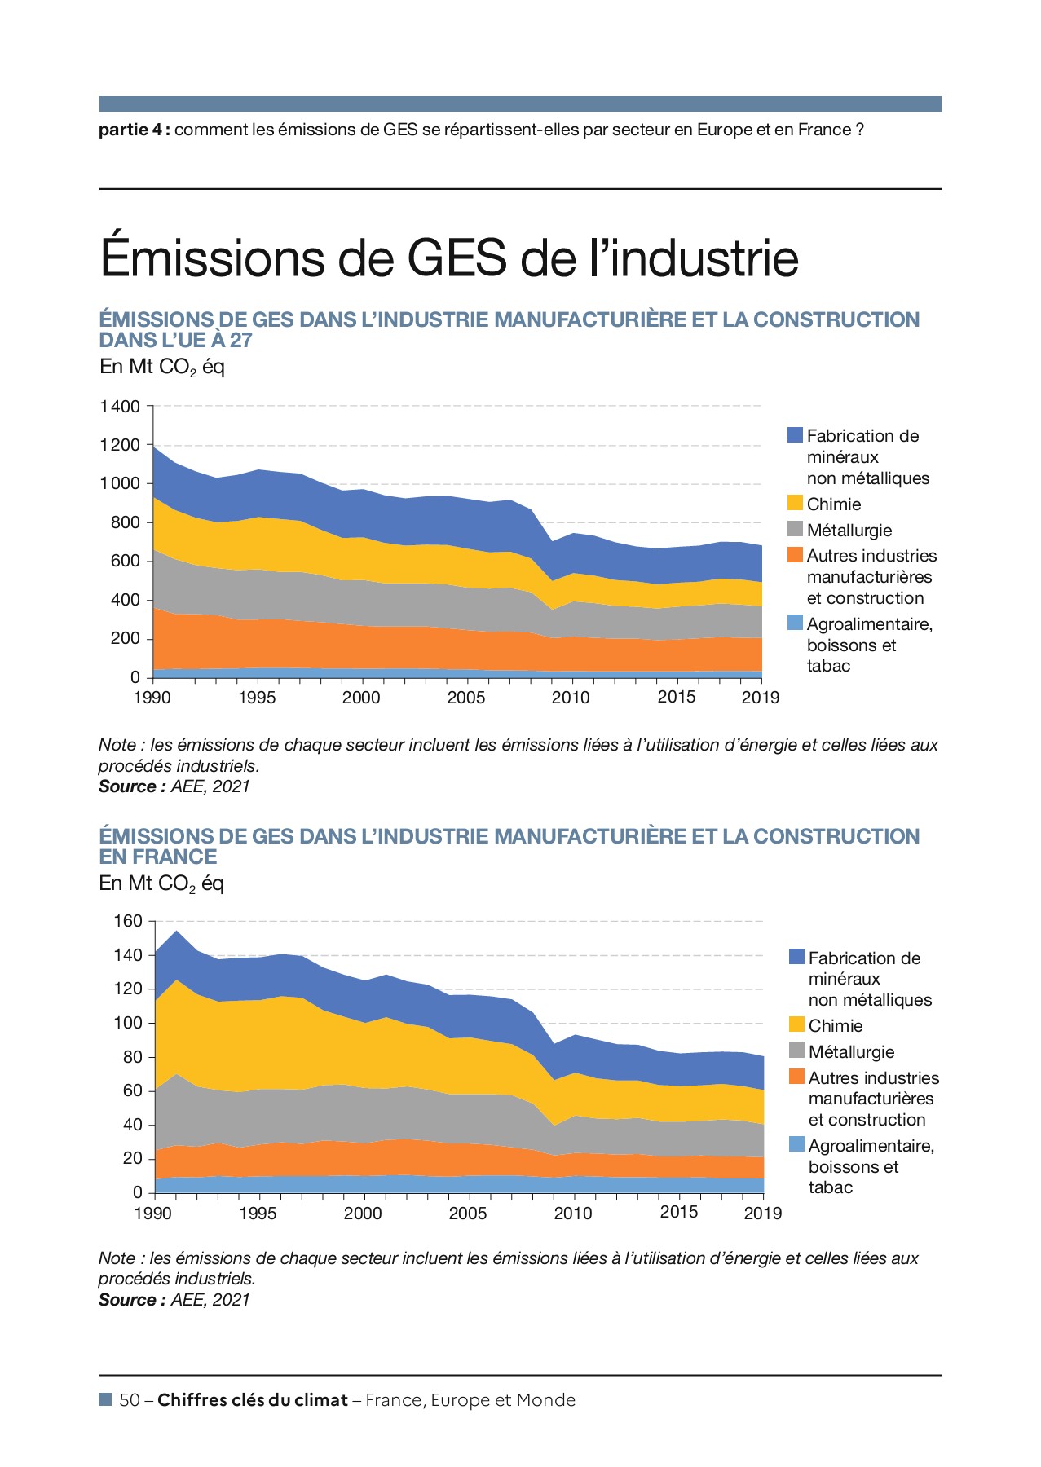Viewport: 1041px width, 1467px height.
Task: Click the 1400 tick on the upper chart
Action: (x=120, y=406)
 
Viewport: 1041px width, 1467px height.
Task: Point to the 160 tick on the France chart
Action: (x=128, y=921)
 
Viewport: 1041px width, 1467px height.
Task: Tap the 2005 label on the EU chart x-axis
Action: (x=465, y=698)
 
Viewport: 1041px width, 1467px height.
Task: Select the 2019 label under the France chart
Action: (x=762, y=1214)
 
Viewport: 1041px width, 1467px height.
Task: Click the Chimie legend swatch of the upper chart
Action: (x=795, y=503)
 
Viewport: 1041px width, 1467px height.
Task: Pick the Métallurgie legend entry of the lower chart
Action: (x=851, y=1051)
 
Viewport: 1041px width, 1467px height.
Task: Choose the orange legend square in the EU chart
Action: (x=795, y=555)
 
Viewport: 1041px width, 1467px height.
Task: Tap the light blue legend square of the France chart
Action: (x=796, y=1144)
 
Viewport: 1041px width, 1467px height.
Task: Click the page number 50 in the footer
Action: (x=129, y=1400)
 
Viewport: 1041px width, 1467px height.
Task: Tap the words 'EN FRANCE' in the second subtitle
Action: (x=158, y=857)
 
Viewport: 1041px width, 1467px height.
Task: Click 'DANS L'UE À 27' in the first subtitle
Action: (x=175, y=341)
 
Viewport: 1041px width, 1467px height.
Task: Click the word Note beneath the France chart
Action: (x=117, y=1258)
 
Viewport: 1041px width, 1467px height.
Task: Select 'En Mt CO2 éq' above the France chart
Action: (x=161, y=883)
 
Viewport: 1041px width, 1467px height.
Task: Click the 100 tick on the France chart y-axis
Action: (x=128, y=1023)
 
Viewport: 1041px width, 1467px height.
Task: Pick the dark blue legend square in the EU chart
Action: (x=795, y=434)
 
